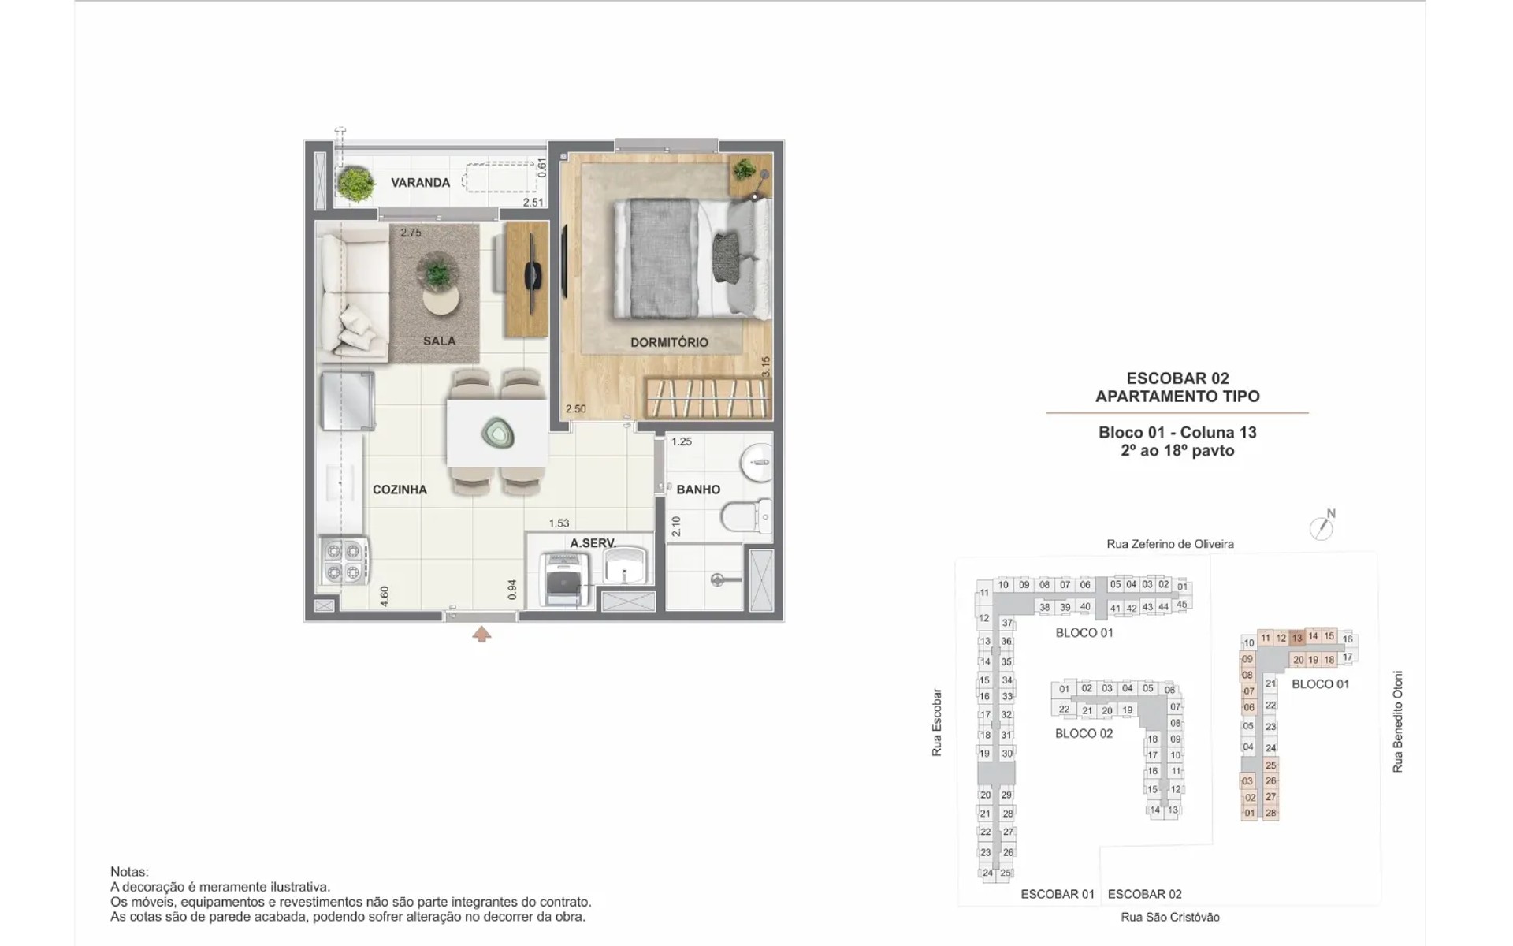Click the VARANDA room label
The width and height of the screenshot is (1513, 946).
pyautogui.click(x=421, y=183)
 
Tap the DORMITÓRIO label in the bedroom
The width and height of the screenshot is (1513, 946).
pyautogui.click(x=669, y=343)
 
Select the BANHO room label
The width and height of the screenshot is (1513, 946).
pyautogui.click(x=698, y=490)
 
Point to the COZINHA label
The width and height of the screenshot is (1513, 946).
pyautogui.click(x=400, y=490)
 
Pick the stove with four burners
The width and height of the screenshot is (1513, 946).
pyautogui.click(x=344, y=561)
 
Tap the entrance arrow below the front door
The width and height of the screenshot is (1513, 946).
pyautogui.click(x=481, y=634)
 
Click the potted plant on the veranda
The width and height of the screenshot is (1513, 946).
pyautogui.click(x=356, y=184)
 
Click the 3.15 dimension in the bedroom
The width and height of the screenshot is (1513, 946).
pyautogui.click(x=765, y=367)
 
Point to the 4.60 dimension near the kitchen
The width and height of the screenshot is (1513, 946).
pyautogui.click(x=385, y=596)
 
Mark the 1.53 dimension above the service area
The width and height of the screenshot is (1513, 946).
pyautogui.click(x=559, y=523)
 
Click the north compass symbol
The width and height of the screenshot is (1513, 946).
pyautogui.click(x=1322, y=526)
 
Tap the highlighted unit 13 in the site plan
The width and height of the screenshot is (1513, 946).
pyautogui.click(x=1297, y=638)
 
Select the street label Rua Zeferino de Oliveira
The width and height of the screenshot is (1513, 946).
pyautogui.click(x=1170, y=544)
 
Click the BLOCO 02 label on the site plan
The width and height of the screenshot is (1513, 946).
pyautogui.click(x=1084, y=734)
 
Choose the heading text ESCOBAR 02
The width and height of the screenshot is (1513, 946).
pyautogui.click(x=1177, y=378)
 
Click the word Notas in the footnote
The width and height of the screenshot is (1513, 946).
pyautogui.click(x=129, y=872)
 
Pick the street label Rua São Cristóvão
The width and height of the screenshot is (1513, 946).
pyautogui.click(x=1170, y=918)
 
